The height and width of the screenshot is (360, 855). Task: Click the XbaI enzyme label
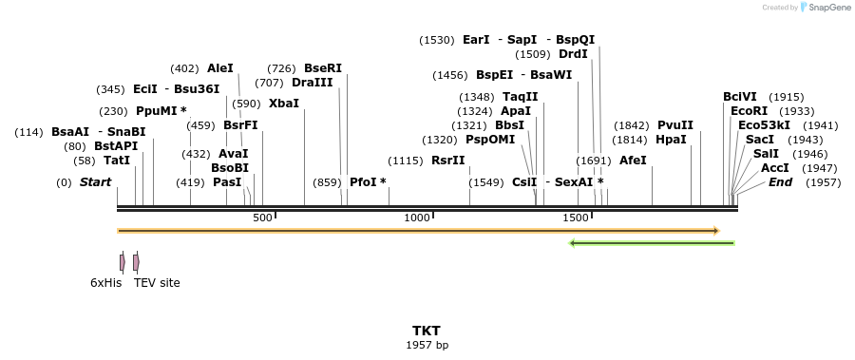pos(284,103)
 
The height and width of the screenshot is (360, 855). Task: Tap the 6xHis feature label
pos(106,282)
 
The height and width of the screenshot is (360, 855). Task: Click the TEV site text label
pos(157,282)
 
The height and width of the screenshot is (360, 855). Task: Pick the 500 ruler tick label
pos(262,218)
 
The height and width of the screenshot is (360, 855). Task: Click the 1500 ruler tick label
pos(576,218)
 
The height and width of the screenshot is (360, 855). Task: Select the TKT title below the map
pos(427,331)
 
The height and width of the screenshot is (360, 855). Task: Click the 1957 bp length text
pos(427,345)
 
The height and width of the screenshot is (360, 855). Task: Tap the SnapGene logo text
pos(827,8)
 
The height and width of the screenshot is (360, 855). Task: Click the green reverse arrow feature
pos(652,243)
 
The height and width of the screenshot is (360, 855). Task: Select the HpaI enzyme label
pos(671,140)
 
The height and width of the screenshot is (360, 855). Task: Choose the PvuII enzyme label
pos(675,125)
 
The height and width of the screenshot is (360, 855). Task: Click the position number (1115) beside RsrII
pos(407,161)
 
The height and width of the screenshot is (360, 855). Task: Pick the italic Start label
pos(95,181)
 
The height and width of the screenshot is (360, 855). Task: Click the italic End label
pos(780,181)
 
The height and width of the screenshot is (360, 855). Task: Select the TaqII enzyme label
pos(520,97)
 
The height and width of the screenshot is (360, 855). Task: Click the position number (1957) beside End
pos(823,181)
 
